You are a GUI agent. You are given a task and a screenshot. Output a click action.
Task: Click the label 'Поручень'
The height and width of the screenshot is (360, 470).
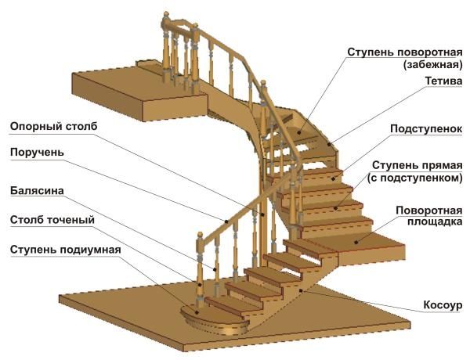(37, 153)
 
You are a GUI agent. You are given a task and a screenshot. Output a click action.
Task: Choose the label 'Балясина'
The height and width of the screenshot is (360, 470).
(38, 190)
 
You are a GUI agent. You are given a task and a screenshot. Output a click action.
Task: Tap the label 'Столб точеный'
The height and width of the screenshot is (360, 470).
(52, 220)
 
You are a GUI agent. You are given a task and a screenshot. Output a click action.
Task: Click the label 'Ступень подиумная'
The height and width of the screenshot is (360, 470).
(65, 249)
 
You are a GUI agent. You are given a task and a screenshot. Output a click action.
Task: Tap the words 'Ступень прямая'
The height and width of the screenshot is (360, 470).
(417, 166)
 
